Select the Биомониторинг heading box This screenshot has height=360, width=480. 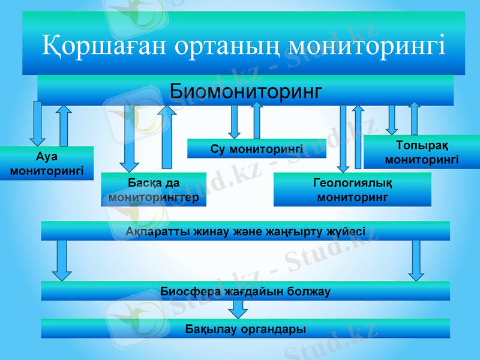click(245, 91)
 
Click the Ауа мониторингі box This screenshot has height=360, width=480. click(46, 163)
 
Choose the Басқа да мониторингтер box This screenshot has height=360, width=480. click(154, 190)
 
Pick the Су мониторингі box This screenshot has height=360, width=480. click(256, 148)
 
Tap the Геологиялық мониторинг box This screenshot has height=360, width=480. click(352, 190)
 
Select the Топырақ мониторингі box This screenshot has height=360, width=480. click(422, 152)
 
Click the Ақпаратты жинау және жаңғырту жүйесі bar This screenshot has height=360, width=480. click(245, 231)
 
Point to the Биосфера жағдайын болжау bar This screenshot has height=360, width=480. click(245, 291)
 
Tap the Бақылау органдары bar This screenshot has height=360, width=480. click(245, 329)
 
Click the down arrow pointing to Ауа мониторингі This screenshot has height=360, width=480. click(38, 124)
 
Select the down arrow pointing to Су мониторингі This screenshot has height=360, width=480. click(235, 122)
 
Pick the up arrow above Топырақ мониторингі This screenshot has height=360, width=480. click(414, 119)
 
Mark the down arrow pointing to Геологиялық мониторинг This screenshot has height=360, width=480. click(343, 139)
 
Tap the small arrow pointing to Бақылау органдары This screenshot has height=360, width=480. click(239, 309)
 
